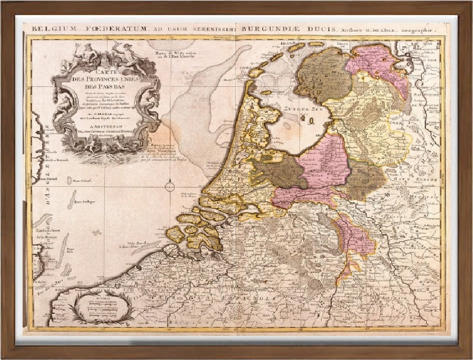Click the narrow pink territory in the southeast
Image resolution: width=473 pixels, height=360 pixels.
(x=356, y=236)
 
